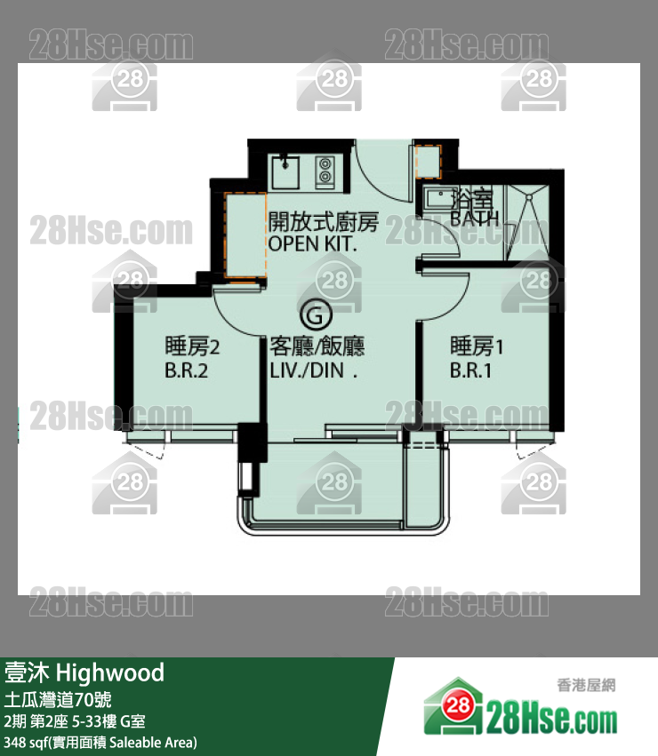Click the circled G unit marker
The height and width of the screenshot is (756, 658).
pyautogui.click(x=316, y=315)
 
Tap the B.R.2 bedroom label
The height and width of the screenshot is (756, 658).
pyautogui.click(x=187, y=370)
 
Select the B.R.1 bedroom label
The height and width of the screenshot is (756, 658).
pyautogui.click(x=470, y=370)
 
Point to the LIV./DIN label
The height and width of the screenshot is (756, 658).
pyautogui.click(x=313, y=370)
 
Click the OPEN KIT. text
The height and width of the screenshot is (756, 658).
pyautogui.click(x=312, y=244)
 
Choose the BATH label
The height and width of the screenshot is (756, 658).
pyautogui.click(x=475, y=219)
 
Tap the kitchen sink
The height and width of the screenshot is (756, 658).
pyautogui.click(x=285, y=172)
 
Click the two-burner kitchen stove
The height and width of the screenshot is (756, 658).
pyautogui.click(x=325, y=171)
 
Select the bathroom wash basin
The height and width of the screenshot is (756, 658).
pyautogui.click(x=440, y=198)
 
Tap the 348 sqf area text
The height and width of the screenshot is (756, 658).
pyautogui.click(x=100, y=742)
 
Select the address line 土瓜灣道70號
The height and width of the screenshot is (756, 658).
pyautogui.click(x=58, y=699)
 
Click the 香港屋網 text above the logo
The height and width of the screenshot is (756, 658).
pyautogui.click(x=587, y=685)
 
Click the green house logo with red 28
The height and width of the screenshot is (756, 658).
pyautogui.click(x=453, y=706)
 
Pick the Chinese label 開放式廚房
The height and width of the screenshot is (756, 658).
pyautogui.click(x=324, y=222)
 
